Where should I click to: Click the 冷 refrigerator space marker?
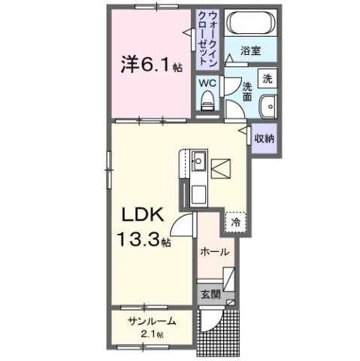tap(235, 222)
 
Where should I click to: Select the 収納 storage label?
tap(263, 138)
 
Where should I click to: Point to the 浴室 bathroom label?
tap(250, 51)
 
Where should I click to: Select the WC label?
tap(207, 83)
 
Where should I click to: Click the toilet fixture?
tap(207, 100)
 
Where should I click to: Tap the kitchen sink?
tap(198, 162)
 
